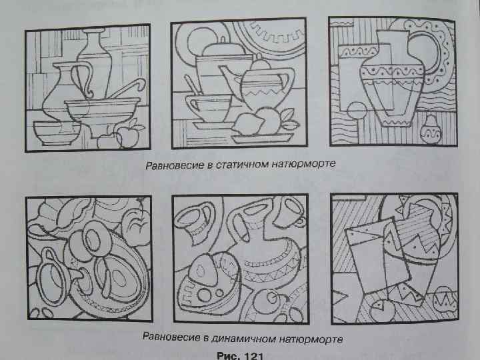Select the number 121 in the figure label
[x=253, y=356]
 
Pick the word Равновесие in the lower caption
[x=171, y=337]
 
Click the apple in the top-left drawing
[x=127, y=136]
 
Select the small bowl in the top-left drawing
[x=56, y=133]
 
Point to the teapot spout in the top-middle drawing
[x=229, y=79]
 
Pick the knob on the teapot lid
[x=259, y=62]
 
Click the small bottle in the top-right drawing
[x=431, y=129]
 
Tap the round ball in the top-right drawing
[x=357, y=111]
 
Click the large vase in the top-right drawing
[x=393, y=79]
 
